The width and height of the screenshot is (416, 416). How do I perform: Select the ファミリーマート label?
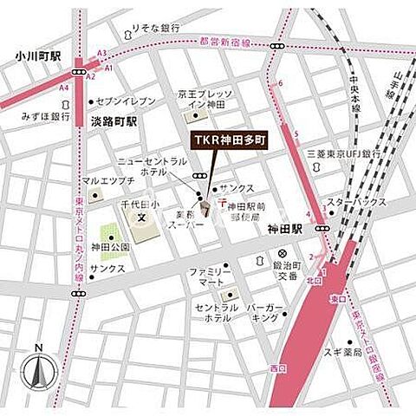pyautogui.click(x=211, y=278)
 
